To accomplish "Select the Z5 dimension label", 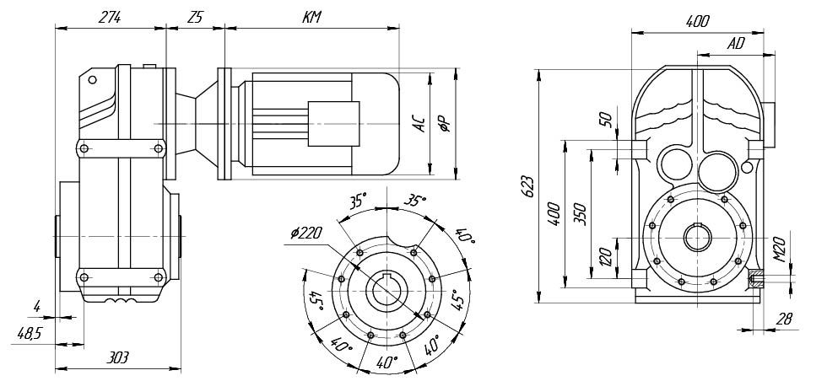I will [196, 17].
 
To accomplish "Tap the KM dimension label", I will [311, 17].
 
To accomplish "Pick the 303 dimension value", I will [117, 358].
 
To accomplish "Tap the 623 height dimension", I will [527, 187].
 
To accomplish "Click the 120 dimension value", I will [604, 256].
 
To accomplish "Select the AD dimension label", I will [736, 43].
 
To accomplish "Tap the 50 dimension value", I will [604, 118].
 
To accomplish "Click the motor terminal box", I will [333, 126].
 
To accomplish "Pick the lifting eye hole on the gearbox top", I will [92, 80].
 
